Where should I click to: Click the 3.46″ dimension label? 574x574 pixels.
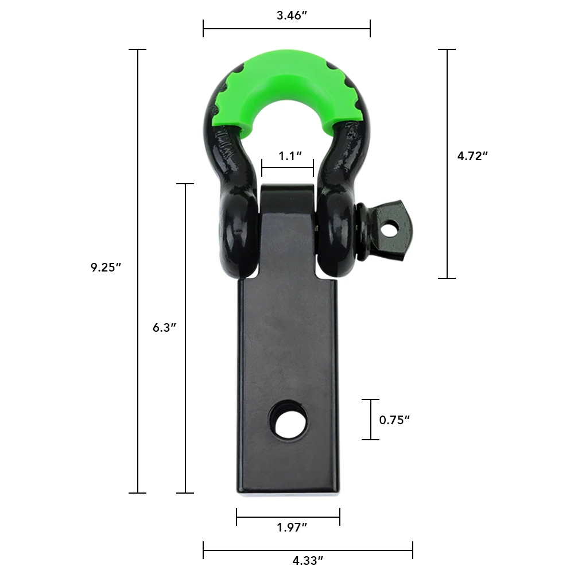(292, 15)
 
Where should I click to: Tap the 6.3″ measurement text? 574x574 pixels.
(164, 328)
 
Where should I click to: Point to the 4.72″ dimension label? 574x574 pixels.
(472, 156)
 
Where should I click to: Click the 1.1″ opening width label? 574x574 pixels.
(290, 156)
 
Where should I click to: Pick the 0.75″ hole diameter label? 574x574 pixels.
(394, 420)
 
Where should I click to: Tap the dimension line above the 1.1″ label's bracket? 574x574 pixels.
(288, 168)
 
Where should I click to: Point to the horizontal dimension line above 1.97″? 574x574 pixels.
(258, 517)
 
